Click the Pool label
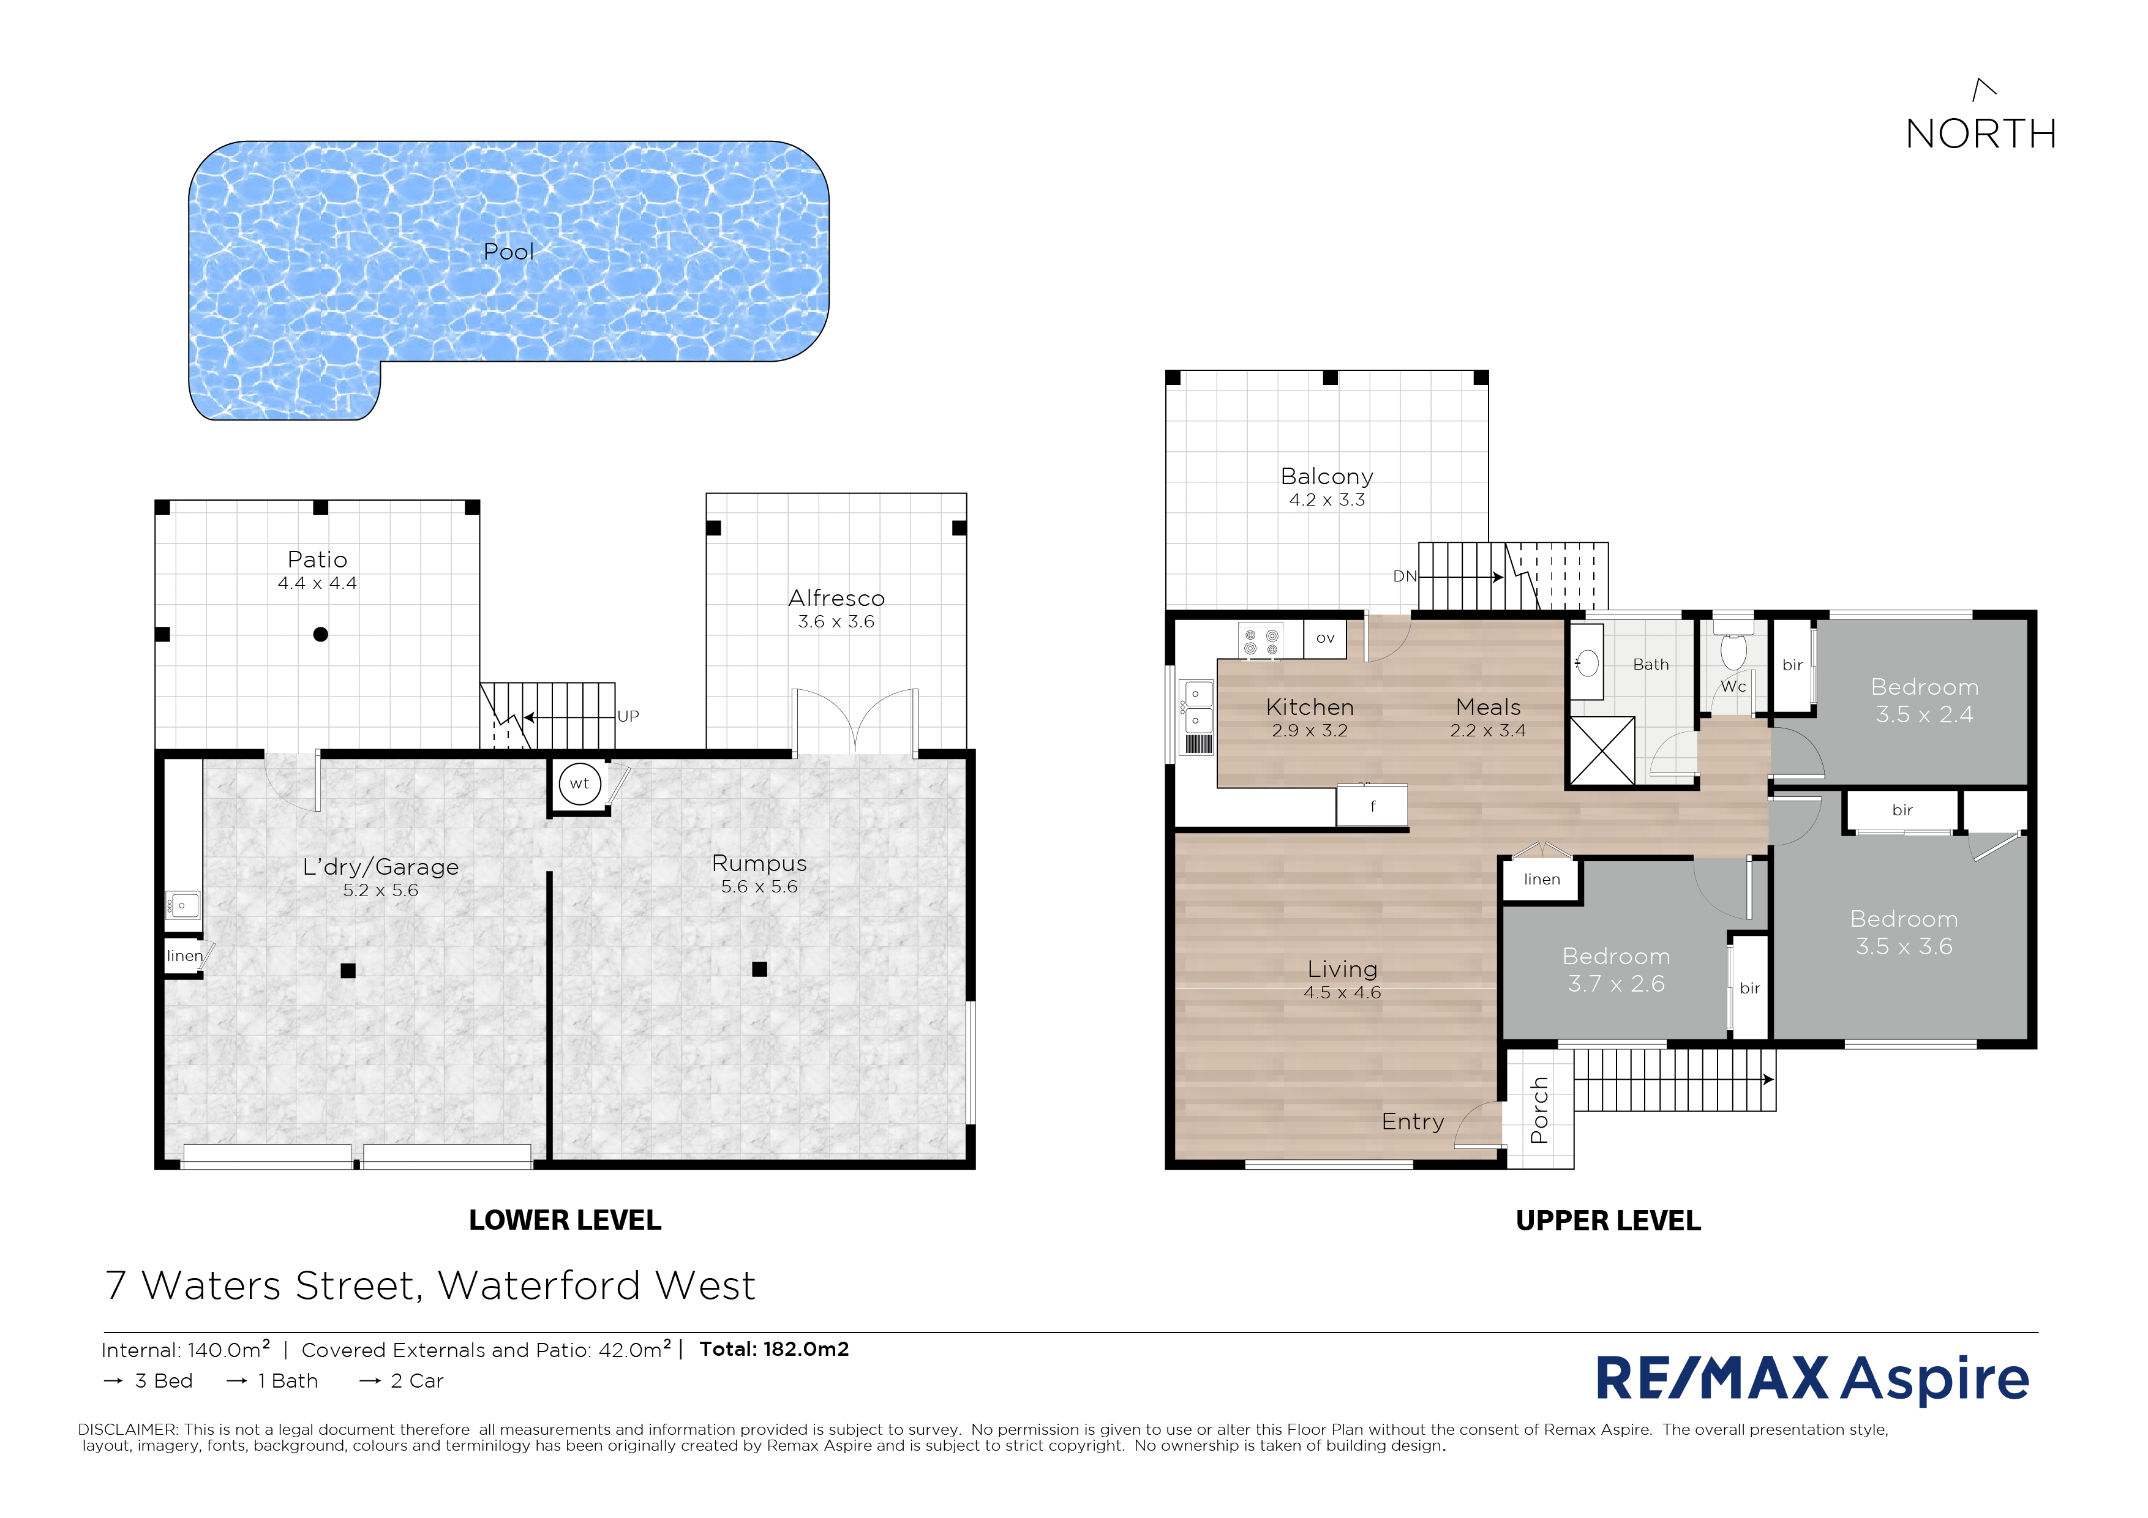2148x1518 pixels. [508, 252]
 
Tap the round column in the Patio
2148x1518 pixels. [321, 634]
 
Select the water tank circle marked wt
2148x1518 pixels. [579, 783]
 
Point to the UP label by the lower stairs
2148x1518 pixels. [628, 716]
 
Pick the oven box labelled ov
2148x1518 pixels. [1324, 639]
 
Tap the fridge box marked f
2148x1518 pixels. [1372, 806]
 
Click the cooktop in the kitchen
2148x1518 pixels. [1261, 641]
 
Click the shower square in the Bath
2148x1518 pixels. [1602, 751]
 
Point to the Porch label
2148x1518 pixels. [1539, 1110]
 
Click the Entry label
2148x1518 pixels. [1413, 1121]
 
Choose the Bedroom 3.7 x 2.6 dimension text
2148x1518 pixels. [1617, 984]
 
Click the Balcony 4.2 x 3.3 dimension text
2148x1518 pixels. [1327, 500]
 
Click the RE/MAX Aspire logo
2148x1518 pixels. [1812, 1378]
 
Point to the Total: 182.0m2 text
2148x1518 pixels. [775, 1348]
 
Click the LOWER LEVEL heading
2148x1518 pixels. [565, 1221]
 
